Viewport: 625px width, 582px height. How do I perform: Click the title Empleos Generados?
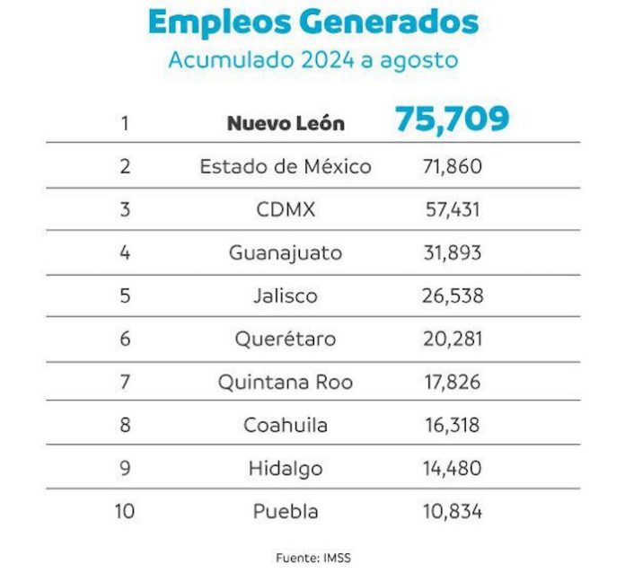[312, 22]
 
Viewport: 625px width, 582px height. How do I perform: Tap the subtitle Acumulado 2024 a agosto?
[312, 60]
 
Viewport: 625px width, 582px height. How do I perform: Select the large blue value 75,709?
[452, 119]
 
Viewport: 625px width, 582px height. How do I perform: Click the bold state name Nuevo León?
[286, 123]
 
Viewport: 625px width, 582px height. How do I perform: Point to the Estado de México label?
[286, 166]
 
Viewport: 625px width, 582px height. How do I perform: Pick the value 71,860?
[452, 166]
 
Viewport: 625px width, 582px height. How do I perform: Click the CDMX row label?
[286, 209]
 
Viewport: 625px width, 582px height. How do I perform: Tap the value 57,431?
[452, 209]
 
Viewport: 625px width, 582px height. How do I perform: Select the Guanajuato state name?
[286, 252]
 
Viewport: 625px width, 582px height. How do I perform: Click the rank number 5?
[125, 295]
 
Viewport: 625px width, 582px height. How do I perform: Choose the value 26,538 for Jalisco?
[452, 295]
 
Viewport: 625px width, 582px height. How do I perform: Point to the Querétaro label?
[286, 339]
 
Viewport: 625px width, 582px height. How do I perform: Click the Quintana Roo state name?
[286, 382]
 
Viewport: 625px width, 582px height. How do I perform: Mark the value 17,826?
[452, 382]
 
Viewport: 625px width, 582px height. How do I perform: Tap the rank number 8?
[125, 425]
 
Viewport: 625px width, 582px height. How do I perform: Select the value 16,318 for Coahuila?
[452, 425]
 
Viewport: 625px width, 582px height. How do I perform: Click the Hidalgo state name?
[286, 468]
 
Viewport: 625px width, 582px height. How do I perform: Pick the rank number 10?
[125, 511]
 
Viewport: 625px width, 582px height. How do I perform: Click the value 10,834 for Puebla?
[452, 511]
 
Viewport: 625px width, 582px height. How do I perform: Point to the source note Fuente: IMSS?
[312, 558]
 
